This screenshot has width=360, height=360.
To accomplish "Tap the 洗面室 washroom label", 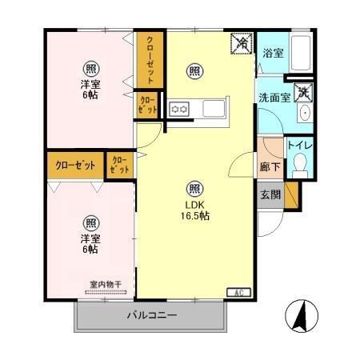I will [x=272, y=98].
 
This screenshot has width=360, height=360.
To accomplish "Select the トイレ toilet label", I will [x=300, y=145].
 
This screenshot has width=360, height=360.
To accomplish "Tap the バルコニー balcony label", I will [x=151, y=315].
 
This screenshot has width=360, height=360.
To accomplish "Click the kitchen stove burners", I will [x=177, y=108].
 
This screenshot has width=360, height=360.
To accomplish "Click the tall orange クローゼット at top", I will [x=149, y=58].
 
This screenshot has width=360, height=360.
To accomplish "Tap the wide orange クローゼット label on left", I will [x=74, y=165].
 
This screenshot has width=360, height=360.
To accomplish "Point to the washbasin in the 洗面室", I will [x=305, y=114].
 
